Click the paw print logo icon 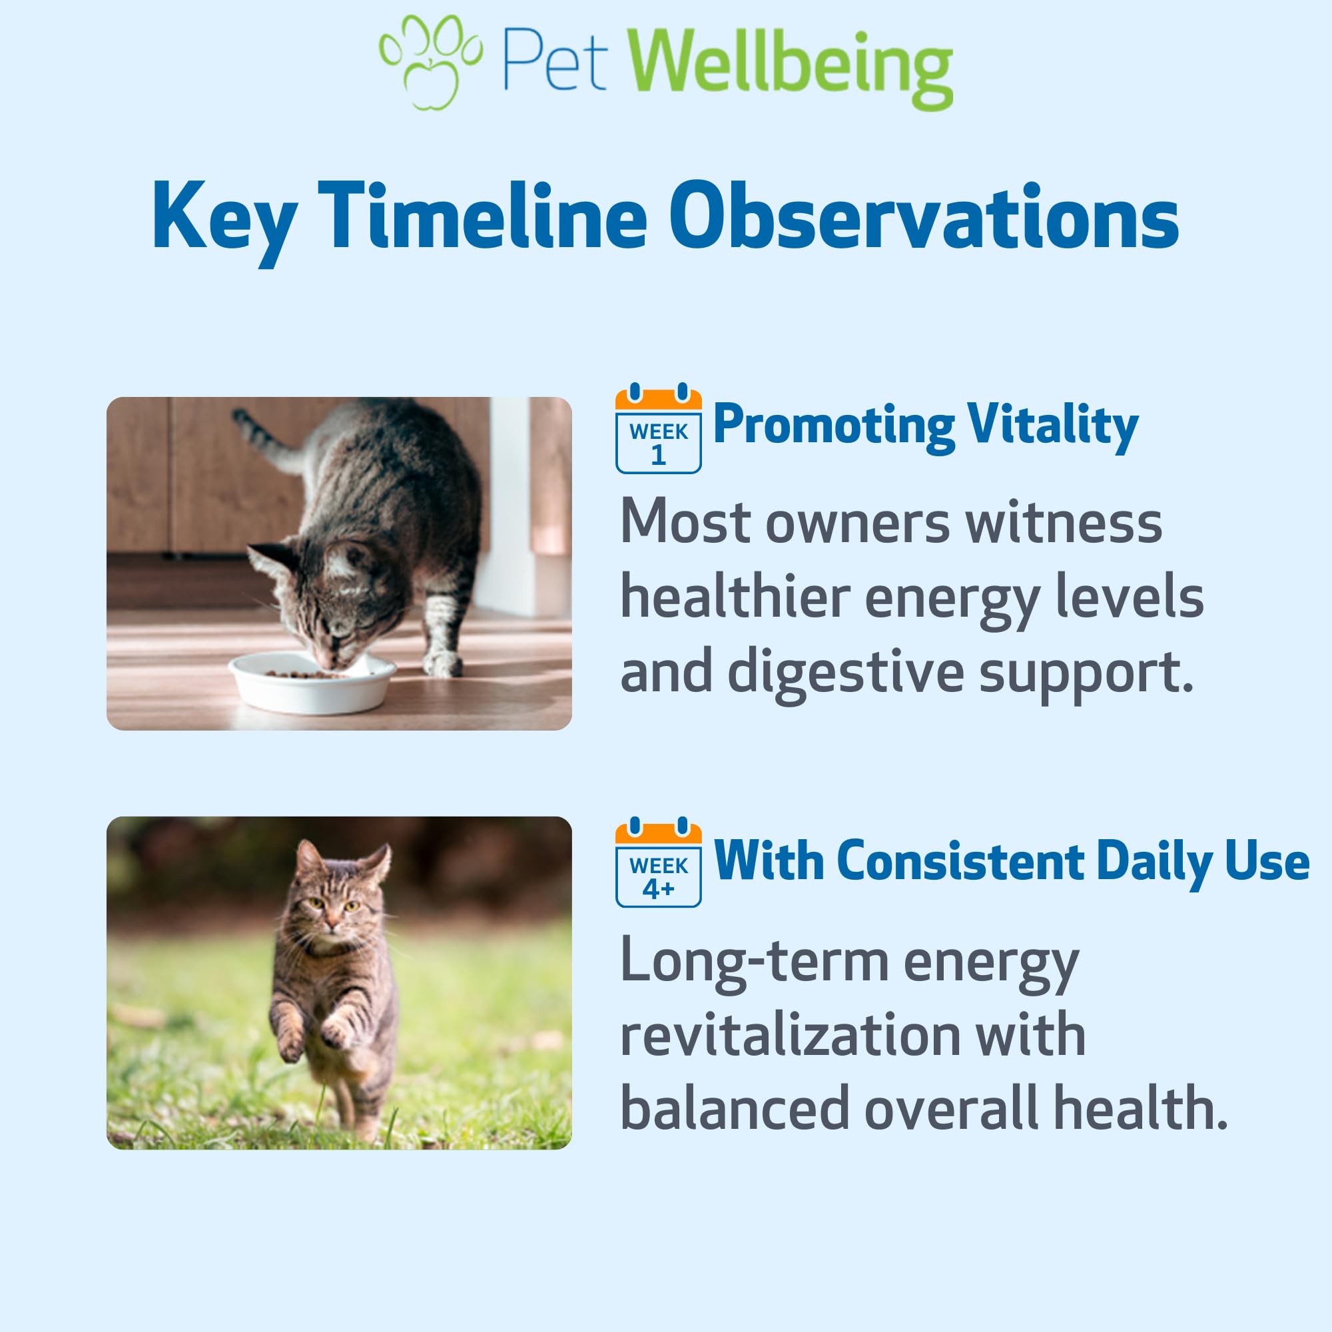(x=431, y=62)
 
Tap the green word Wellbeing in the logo (x=790, y=69)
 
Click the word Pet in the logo (x=554, y=60)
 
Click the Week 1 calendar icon (x=659, y=428)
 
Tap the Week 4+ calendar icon (x=659, y=862)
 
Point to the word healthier (x=735, y=597)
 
